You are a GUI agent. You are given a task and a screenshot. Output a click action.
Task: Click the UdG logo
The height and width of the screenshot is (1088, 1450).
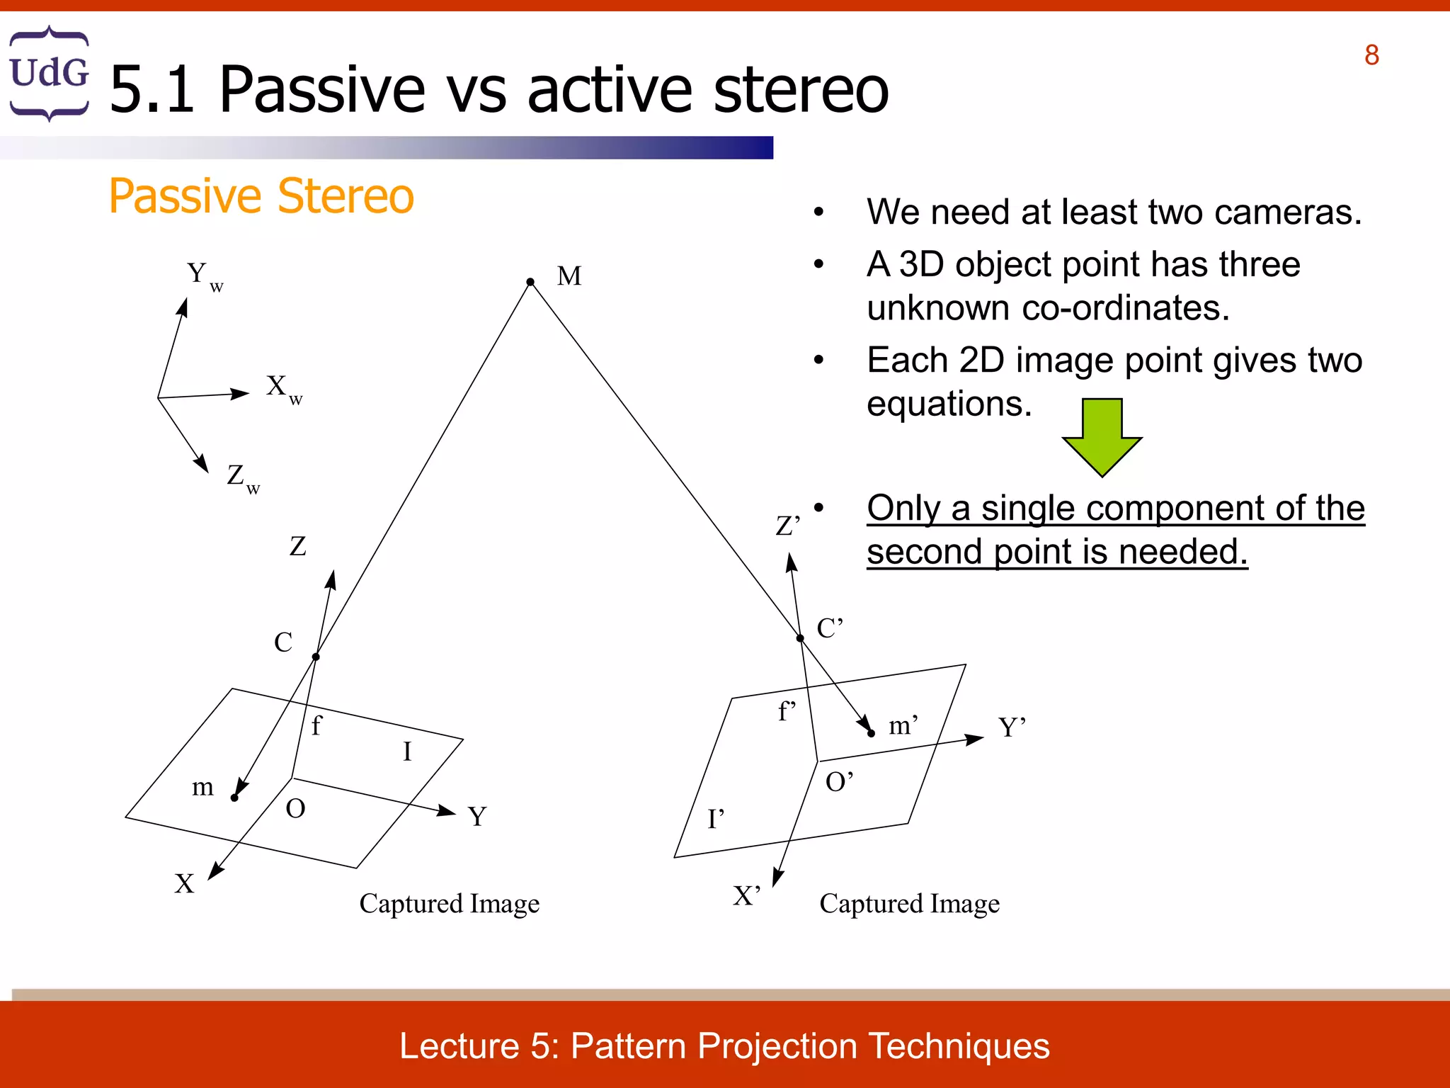[49, 73]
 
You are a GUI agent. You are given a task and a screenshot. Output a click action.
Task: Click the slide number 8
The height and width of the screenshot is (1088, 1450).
[1371, 55]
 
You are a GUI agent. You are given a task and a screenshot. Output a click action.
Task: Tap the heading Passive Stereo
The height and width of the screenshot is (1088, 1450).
[261, 196]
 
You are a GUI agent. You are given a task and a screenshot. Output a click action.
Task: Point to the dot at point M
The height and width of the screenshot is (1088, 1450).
[530, 282]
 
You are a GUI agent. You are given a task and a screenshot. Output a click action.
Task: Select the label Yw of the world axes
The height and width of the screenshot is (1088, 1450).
[204, 276]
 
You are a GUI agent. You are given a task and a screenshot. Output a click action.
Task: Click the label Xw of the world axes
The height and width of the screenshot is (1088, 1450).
[283, 389]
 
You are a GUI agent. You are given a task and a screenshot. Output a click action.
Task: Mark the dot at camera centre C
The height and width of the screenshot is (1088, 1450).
[316, 657]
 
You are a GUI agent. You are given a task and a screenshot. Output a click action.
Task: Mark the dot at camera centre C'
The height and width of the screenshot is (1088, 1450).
[800, 638]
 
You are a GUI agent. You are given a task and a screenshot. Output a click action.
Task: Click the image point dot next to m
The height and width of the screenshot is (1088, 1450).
[234, 798]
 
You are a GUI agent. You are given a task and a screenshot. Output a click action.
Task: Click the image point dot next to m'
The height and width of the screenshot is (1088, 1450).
[871, 734]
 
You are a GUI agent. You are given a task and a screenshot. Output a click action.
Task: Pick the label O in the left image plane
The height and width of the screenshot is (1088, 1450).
[295, 809]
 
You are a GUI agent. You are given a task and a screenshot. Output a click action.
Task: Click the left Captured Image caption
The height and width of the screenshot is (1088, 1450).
[449, 904]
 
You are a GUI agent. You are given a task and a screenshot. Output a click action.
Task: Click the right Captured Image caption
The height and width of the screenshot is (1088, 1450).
[909, 904]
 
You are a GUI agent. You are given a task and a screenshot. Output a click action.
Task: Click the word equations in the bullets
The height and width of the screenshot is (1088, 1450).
[949, 404]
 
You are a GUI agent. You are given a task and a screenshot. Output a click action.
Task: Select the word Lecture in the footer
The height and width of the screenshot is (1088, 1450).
[459, 1046]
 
